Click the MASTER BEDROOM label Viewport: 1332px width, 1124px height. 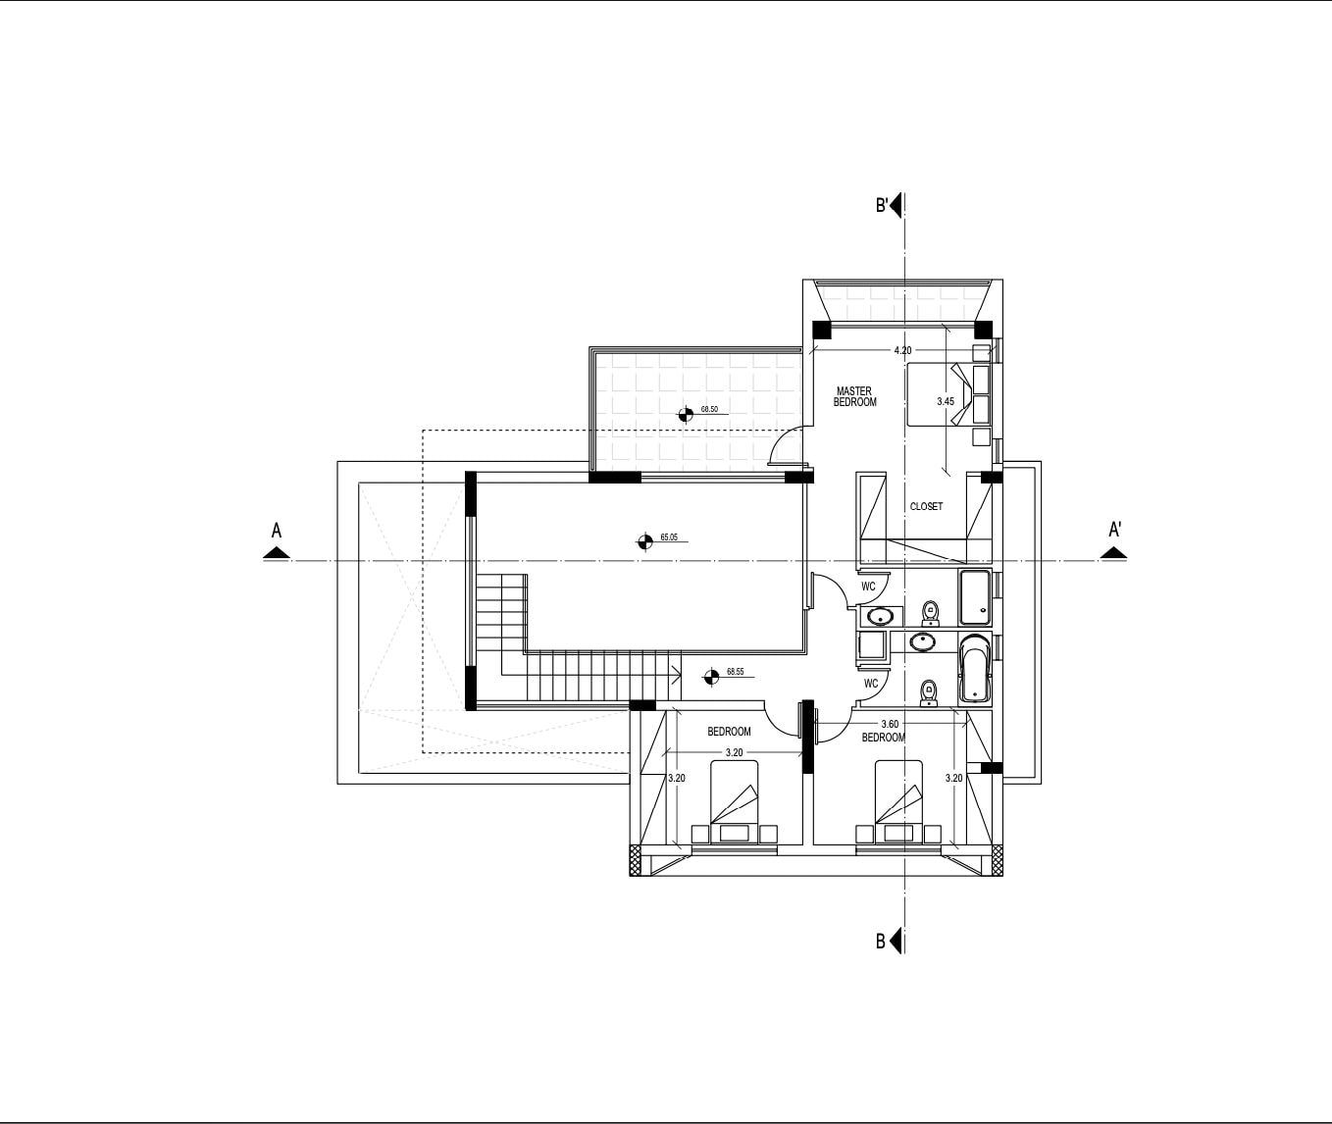(x=855, y=396)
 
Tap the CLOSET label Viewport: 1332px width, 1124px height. (x=926, y=506)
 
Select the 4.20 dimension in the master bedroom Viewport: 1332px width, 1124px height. (x=902, y=350)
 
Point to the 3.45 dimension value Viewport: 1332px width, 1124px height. (x=946, y=401)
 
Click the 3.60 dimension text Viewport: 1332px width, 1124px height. (x=890, y=724)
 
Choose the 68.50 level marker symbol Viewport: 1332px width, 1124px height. (x=686, y=414)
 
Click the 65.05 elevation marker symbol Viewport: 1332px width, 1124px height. (x=645, y=541)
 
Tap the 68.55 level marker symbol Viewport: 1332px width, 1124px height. (x=711, y=677)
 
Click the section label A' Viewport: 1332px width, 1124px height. (x=1115, y=530)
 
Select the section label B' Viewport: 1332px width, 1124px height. (x=882, y=205)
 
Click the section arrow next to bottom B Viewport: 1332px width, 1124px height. (x=897, y=941)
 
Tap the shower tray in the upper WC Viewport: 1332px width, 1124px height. (x=975, y=597)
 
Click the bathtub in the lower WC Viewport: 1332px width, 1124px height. (x=975, y=669)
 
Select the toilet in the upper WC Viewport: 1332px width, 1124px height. (x=931, y=612)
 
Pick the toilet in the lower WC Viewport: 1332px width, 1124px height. (x=929, y=693)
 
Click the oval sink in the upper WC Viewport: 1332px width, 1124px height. (x=881, y=617)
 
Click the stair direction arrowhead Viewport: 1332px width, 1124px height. (x=676, y=671)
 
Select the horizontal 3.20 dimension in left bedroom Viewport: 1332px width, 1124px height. (x=735, y=752)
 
